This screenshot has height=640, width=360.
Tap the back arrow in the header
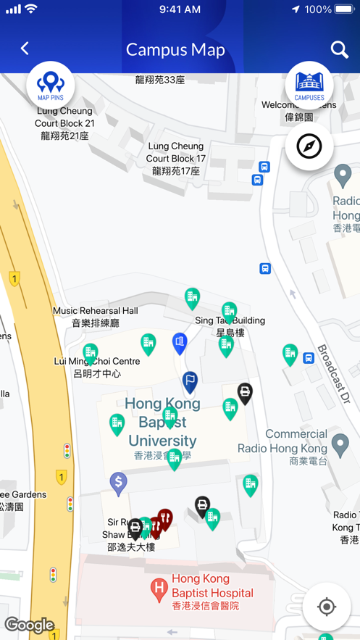click(x=25, y=49)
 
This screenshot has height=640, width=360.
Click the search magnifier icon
click(x=339, y=49)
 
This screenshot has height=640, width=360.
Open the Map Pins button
click(x=50, y=86)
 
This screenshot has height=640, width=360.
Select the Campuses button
click(x=309, y=86)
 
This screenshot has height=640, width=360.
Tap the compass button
click(x=309, y=146)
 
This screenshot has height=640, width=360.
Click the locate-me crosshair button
click(x=327, y=607)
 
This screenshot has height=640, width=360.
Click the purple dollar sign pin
click(x=119, y=482)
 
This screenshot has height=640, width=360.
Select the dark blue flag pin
click(x=190, y=381)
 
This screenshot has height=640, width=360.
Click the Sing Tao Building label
click(x=230, y=326)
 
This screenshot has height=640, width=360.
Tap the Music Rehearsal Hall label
click(x=95, y=317)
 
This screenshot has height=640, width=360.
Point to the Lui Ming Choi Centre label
click(x=97, y=367)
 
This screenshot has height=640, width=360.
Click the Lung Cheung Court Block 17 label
click(x=176, y=159)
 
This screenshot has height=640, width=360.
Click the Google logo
click(x=29, y=625)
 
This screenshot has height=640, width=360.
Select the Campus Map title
click(x=175, y=49)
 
